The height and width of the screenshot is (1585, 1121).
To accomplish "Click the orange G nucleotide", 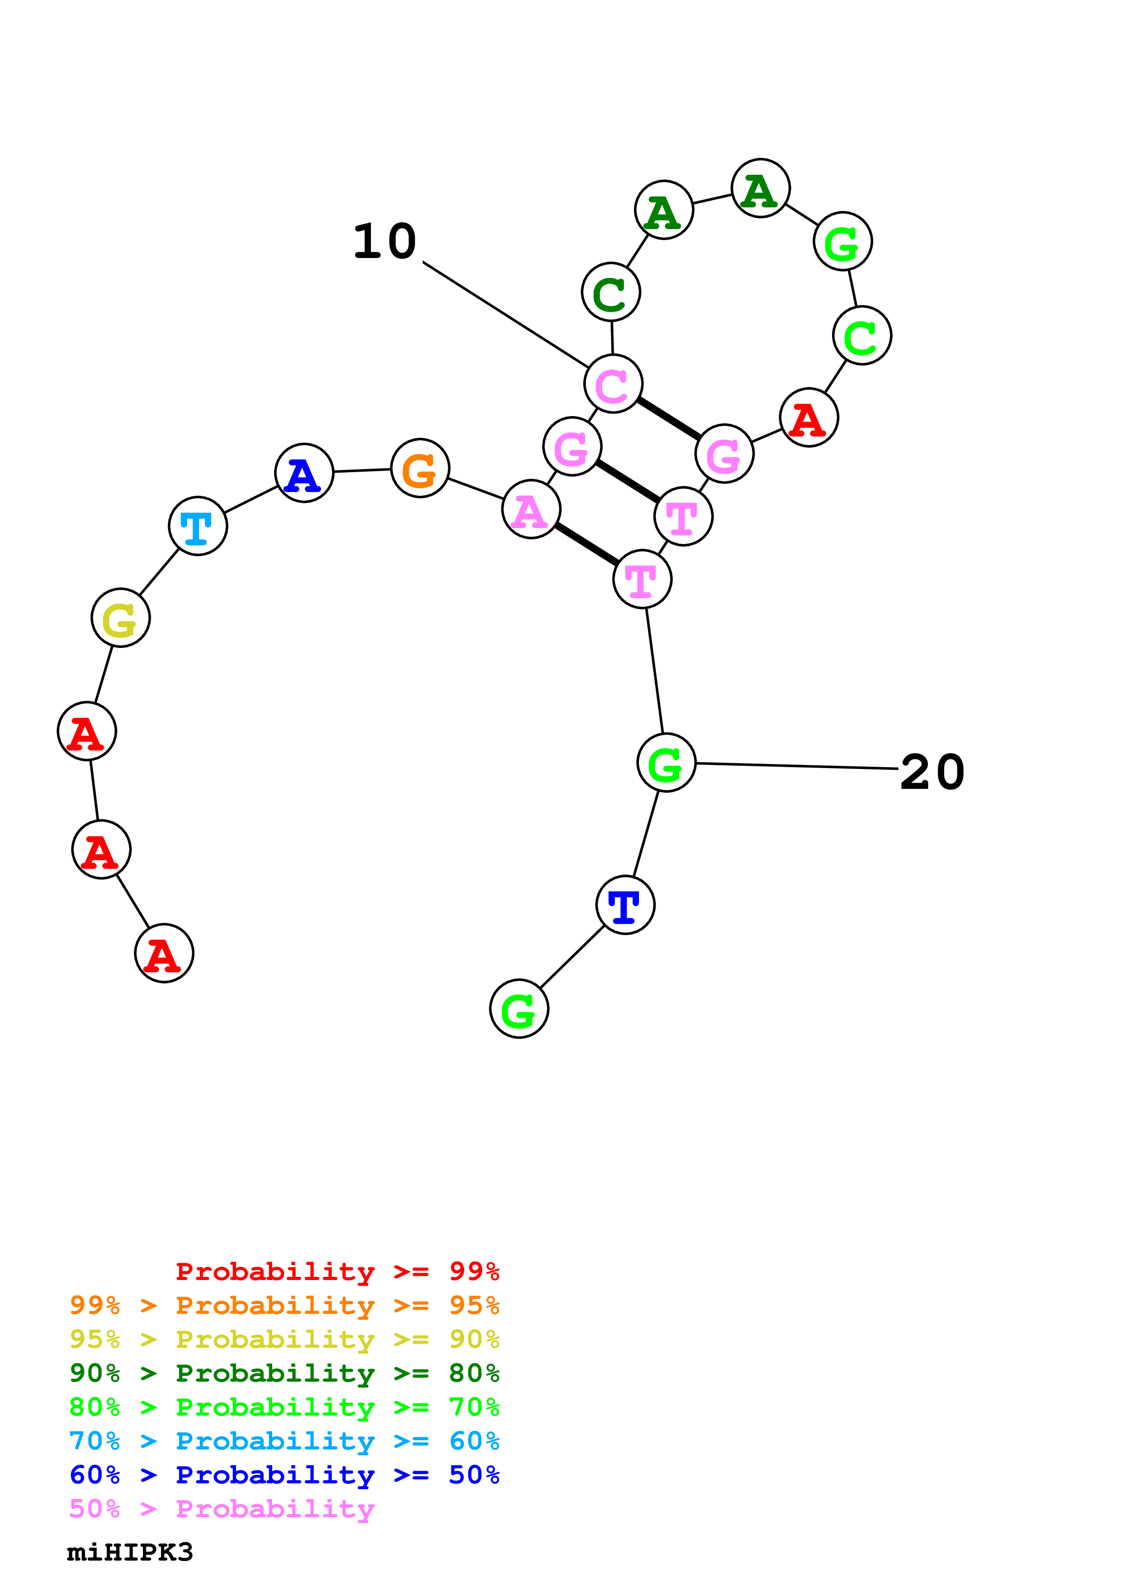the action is point(420,468).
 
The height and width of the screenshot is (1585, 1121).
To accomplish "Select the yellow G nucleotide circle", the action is point(121,617).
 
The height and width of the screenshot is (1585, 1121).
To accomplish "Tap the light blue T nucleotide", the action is point(198,525).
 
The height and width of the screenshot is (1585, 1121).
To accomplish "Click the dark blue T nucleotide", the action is point(625,905).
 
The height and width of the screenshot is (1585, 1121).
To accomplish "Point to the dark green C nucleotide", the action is point(610,291).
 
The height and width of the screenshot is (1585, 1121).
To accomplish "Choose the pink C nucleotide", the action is point(613,383).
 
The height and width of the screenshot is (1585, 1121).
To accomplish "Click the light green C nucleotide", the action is point(862,336).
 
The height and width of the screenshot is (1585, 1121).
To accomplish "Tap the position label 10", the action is point(385,242).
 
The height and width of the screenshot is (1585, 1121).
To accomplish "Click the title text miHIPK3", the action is point(130,1552).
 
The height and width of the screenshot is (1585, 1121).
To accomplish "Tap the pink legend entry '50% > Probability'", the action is point(222,1509).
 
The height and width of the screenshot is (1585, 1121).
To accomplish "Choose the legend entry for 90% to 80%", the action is point(284,1373).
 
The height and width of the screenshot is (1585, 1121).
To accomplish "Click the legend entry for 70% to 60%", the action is point(284,1441).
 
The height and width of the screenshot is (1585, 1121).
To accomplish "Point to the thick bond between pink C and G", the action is point(669,418).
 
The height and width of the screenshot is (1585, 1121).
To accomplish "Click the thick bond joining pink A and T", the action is point(587,544).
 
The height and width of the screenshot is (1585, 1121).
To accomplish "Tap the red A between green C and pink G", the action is point(809,417).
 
